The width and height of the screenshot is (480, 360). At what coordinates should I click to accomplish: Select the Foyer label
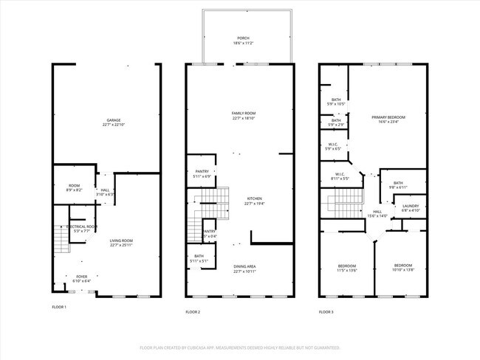pyautogui.click(x=81, y=279)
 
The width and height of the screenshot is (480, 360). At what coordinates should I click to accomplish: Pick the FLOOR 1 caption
pyautogui.click(x=59, y=307)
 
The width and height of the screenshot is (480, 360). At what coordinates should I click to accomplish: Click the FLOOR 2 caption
pyautogui.click(x=193, y=312)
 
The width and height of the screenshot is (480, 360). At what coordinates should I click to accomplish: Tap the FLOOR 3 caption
pyautogui.click(x=326, y=312)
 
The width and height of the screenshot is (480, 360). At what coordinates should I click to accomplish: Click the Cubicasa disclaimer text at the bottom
pyautogui.click(x=240, y=347)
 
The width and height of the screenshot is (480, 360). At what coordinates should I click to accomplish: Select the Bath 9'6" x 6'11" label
pyautogui.click(x=398, y=185)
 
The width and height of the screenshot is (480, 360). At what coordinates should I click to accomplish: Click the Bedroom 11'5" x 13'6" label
pyautogui.click(x=347, y=268)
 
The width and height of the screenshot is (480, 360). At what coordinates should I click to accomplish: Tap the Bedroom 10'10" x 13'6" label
pyautogui.click(x=402, y=268)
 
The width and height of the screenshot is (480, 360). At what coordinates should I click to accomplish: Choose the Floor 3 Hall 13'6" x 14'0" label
pyautogui.click(x=377, y=214)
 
